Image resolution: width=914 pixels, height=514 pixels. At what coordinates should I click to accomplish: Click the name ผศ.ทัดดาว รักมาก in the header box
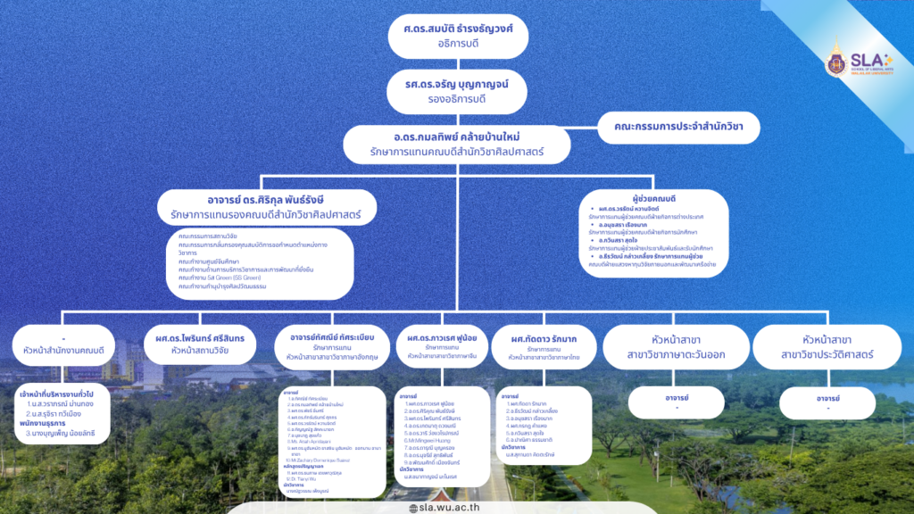click(x=544, y=340)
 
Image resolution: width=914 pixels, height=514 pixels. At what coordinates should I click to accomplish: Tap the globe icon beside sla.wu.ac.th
click(x=413, y=508)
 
